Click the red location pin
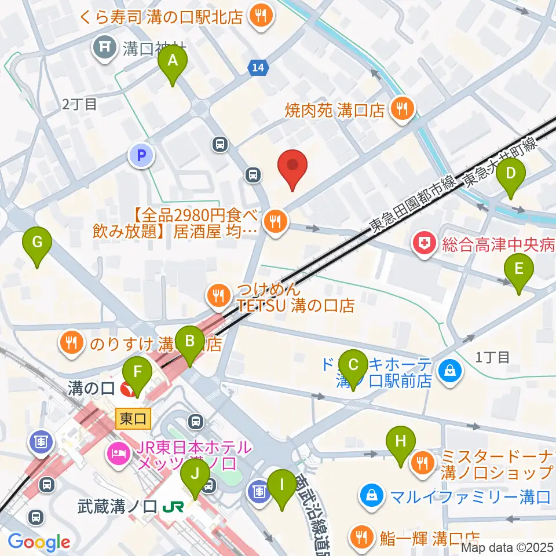pos(292,167)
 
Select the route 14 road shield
pos(259,68)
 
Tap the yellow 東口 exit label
pos(133,418)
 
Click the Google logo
pos(38,542)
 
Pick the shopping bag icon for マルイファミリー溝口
pos(370,495)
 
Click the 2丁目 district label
pos(79,104)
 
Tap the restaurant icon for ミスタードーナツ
pos(424,462)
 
